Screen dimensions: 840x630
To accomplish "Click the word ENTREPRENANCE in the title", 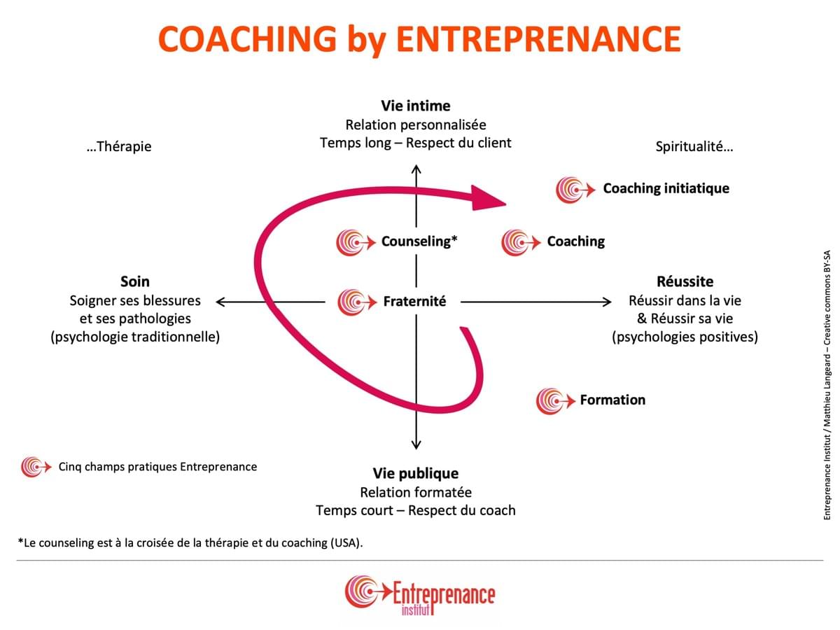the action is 538,38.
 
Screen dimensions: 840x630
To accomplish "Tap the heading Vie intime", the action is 416,106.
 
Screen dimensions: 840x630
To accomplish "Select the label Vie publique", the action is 416,474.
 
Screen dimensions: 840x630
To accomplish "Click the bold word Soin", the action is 134,281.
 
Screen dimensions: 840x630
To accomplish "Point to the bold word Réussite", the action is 685,281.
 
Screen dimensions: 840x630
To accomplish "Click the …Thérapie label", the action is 119,146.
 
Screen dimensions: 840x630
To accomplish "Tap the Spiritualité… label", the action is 694,146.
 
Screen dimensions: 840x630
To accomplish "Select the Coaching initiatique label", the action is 666,188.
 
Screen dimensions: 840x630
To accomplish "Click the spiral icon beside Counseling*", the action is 356,242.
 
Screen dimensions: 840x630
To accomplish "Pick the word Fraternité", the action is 415,302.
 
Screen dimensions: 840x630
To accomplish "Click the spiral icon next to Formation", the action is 555,401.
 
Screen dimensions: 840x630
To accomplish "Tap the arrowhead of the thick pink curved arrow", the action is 488,198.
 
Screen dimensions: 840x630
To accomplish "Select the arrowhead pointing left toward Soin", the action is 220,302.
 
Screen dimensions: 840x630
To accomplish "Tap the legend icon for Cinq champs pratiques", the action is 36,467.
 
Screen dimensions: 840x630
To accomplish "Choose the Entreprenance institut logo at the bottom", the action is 420,595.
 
